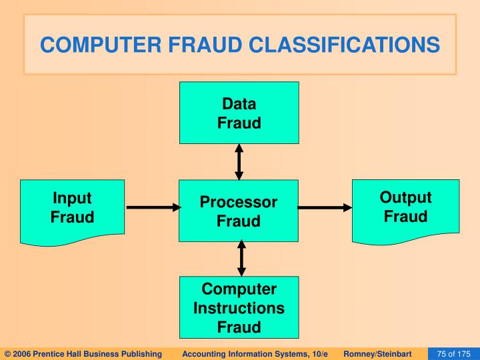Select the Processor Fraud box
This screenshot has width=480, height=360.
pos(239,211)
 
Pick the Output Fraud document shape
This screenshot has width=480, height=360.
pos(405,208)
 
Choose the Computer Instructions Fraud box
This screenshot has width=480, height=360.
pos(239,307)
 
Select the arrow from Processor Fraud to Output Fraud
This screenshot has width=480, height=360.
pos(324,208)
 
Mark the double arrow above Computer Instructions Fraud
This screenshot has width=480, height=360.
pos(241,259)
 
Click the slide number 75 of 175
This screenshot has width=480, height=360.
pos(453,353)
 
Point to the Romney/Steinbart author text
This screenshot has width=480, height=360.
pos(377,353)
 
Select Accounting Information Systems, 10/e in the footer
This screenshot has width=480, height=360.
pos(255,353)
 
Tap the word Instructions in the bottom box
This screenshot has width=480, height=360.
pos(239,308)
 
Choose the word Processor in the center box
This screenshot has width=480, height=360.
pos(239,202)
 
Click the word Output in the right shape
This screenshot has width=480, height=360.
pos(405,198)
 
